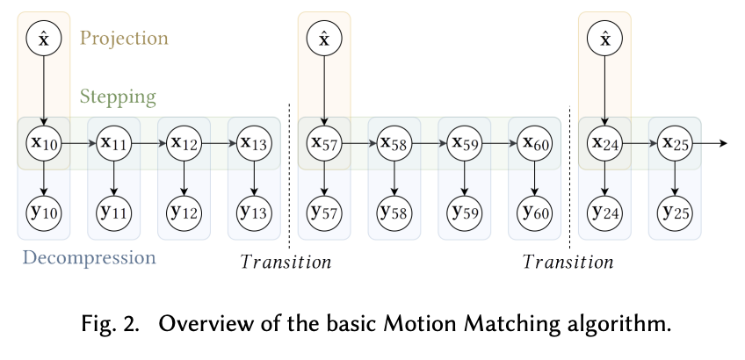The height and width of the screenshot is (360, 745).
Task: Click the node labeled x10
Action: click(x=44, y=142)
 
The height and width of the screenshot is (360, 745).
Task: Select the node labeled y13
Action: click(x=254, y=212)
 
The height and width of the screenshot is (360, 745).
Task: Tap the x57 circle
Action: click(x=324, y=142)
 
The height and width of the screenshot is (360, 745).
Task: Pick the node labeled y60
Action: click(x=534, y=212)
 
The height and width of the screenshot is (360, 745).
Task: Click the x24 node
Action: click(x=604, y=142)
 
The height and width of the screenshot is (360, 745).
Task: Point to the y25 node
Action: click(x=675, y=212)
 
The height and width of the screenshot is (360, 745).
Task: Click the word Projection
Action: click(x=124, y=39)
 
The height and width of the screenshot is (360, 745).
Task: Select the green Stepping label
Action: click(x=118, y=96)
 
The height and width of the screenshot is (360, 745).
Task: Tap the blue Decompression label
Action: click(x=89, y=258)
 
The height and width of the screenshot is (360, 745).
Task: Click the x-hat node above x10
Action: click(x=44, y=39)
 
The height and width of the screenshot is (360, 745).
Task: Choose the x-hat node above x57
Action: click(x=324, y=39)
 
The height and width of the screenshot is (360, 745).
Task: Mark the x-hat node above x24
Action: click(x=604, y=39)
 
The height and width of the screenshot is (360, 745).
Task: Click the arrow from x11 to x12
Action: click(x=148, y=142)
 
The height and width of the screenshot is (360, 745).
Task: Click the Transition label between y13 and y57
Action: click(x=286, y=262)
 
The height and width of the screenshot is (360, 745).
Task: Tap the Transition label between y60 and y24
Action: click(x=568, y=262)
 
